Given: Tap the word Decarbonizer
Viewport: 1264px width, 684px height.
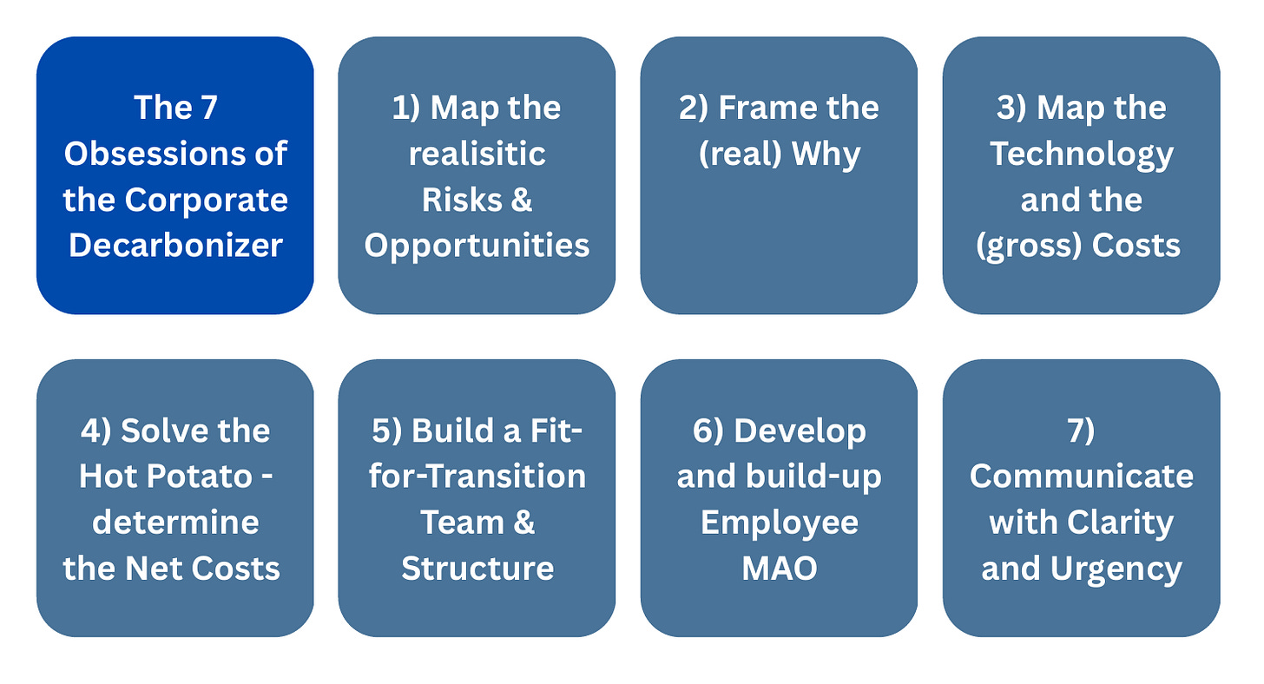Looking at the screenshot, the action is [175, 246].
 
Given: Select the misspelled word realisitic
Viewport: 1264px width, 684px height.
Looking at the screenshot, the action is [477, 155].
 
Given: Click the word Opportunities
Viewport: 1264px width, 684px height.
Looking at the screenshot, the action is [477, 246].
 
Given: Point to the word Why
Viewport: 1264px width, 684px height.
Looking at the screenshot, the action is [832, 155].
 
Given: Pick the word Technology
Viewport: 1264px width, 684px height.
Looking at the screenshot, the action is [1081, 155].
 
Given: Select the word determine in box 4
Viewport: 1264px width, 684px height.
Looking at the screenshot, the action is [175, 523].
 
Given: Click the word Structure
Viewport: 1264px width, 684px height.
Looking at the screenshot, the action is [477, 569].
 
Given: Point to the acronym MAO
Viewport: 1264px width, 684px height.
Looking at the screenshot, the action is [779, 569].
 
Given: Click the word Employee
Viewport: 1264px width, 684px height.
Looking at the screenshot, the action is [779, 523].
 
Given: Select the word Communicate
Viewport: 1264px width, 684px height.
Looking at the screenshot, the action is [1081, 477].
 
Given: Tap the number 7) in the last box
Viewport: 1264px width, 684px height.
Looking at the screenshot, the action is [1081, 431].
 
